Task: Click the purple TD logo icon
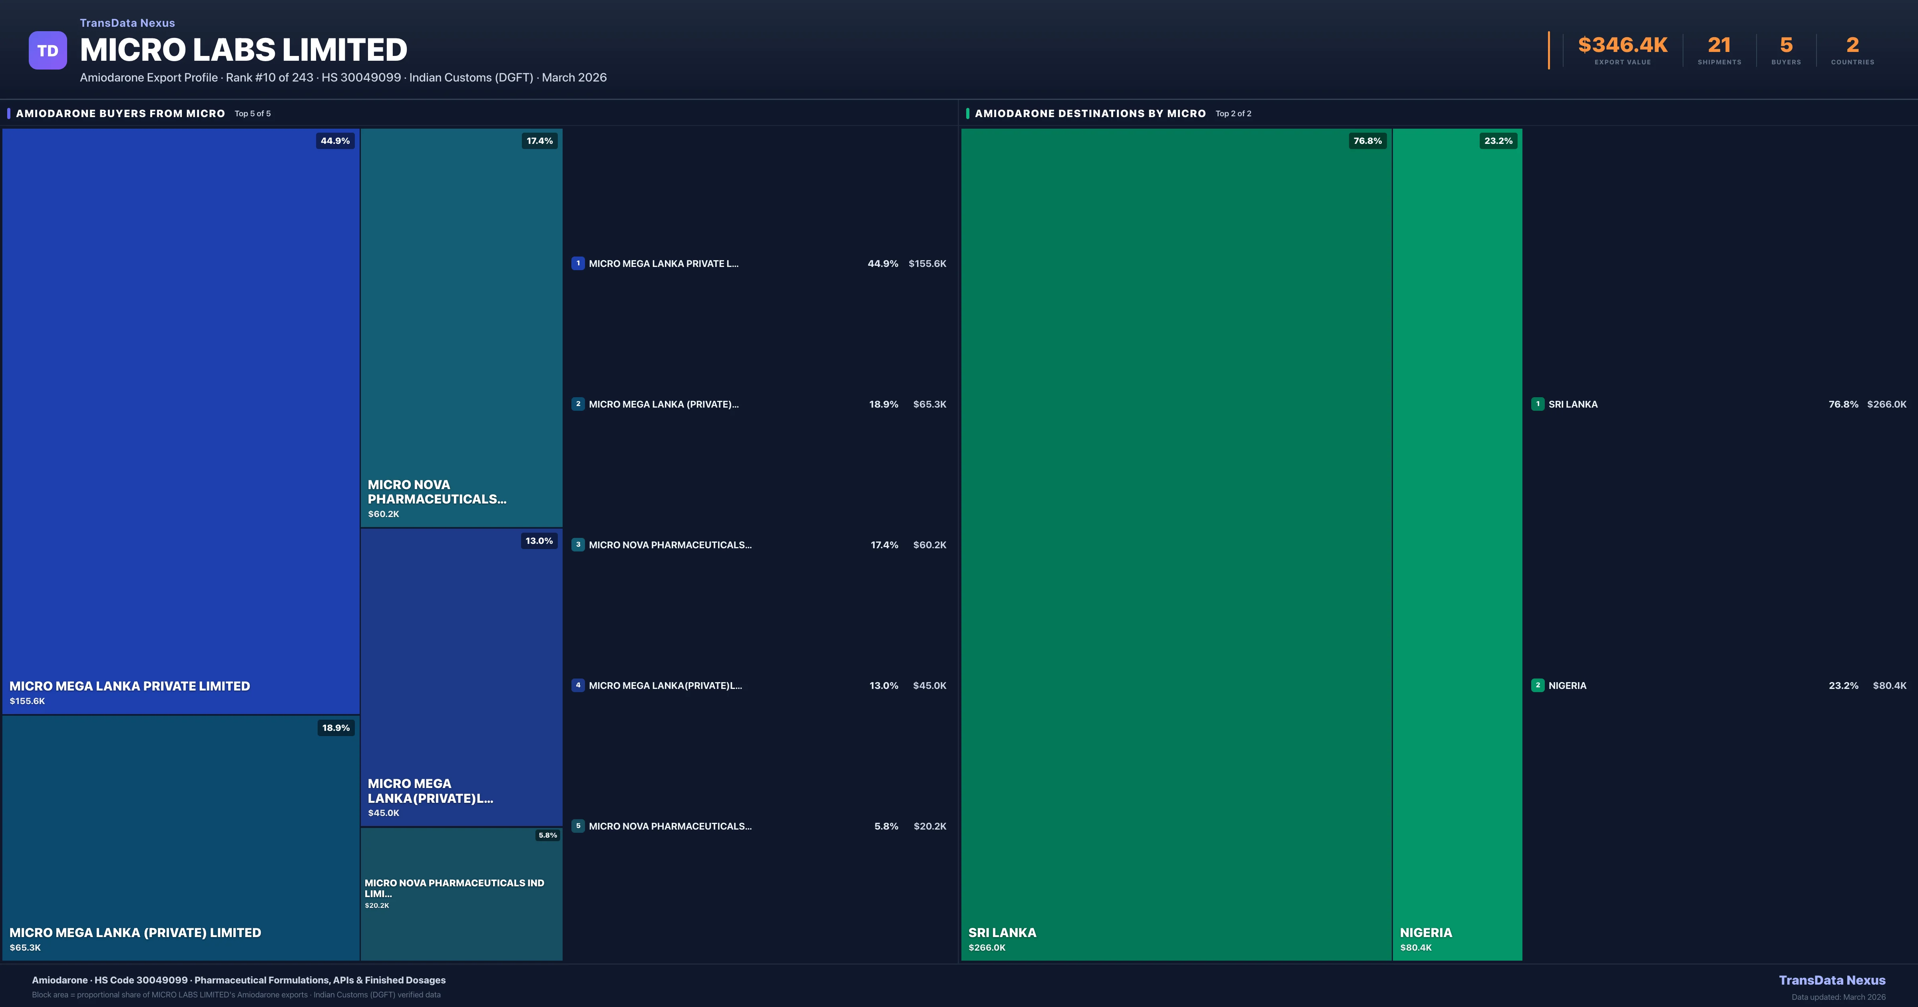click(x=48, y=51)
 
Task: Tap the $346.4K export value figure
click(x=1622, y=46)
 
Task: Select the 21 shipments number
click(x=1719, y=46)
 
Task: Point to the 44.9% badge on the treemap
click(x=335, y=141)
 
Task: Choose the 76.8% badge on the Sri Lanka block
click(x=1367, y=141)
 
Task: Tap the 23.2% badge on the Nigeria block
click(x=1498, y=141)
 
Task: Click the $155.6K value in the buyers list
click(x=927, y=264)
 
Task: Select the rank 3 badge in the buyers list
click(x=578, y=545)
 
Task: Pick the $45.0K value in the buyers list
click(x=929, y=685)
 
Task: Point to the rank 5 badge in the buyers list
click(x=578, y=826)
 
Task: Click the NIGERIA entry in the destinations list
click(x=1567, y=685)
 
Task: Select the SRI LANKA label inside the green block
click(x=1002, y=933)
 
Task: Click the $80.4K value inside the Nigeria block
click(x=1415, y=947)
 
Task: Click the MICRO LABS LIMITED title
click(x=243, y=50)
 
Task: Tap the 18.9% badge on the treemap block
click(x=336, y=728)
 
